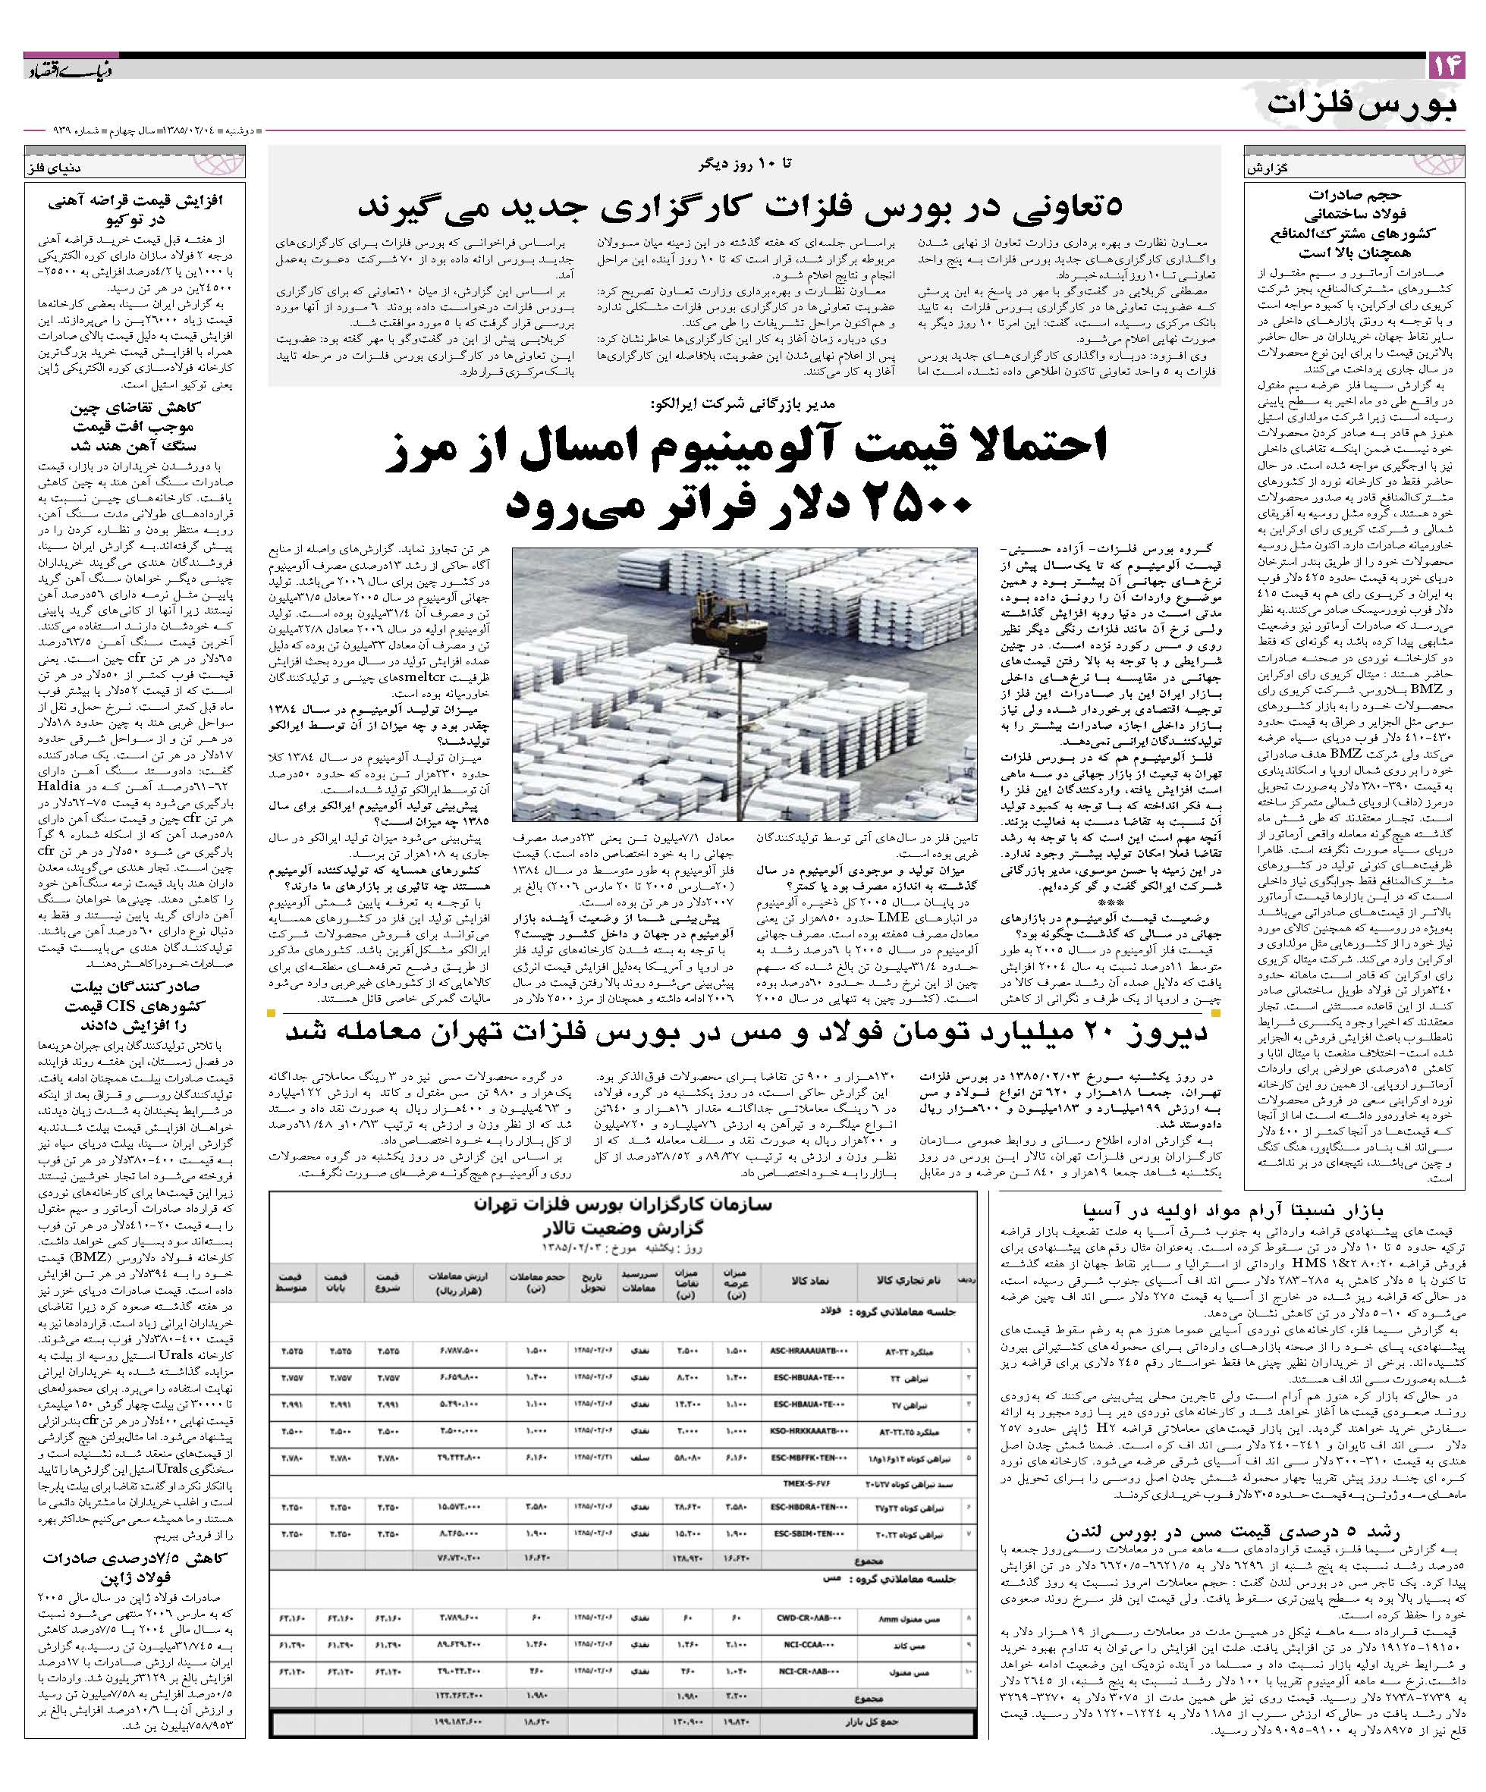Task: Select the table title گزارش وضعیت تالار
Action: tap(621, 1231)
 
